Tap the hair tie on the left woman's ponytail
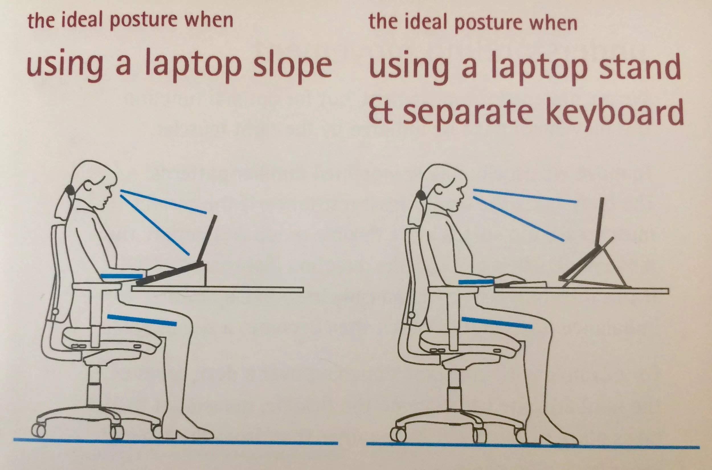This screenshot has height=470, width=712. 70,190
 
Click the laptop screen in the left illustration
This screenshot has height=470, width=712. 207,239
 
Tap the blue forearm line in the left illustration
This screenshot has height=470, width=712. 122,276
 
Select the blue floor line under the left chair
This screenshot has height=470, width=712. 175,441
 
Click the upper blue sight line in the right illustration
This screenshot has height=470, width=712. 525,196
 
